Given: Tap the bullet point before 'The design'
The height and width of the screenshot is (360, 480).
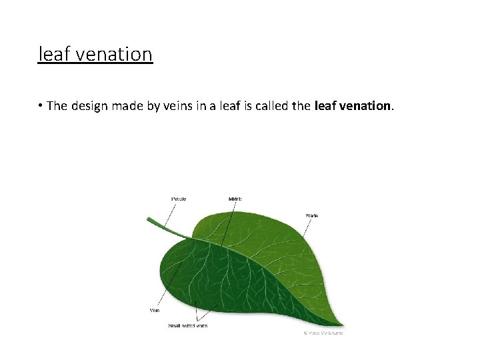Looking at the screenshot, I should pyautogui.click(x=41, y=106).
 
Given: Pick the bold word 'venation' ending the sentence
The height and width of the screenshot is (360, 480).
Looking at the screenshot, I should pyautogui.click(x=366, y=106).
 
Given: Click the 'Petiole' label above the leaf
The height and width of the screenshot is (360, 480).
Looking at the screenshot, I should pyautogui.click(x=179, y=199).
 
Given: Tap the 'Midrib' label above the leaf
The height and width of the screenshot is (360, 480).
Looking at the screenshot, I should pyautogui.click(x=235, y=199).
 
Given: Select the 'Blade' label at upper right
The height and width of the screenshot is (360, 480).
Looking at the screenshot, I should pyautogui.click(x=312, y=215).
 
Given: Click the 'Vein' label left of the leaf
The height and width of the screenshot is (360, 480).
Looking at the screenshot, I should pyautogui.click(x=154, y=310).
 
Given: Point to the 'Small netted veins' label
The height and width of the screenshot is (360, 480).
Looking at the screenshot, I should pyautogui.click(x=188, y=326).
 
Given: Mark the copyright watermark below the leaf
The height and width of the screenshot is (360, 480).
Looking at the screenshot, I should pyautogui.click(x=323, y=332).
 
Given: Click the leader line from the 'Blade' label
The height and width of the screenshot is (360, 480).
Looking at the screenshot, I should pyautogui.click(x=306, y=228).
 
